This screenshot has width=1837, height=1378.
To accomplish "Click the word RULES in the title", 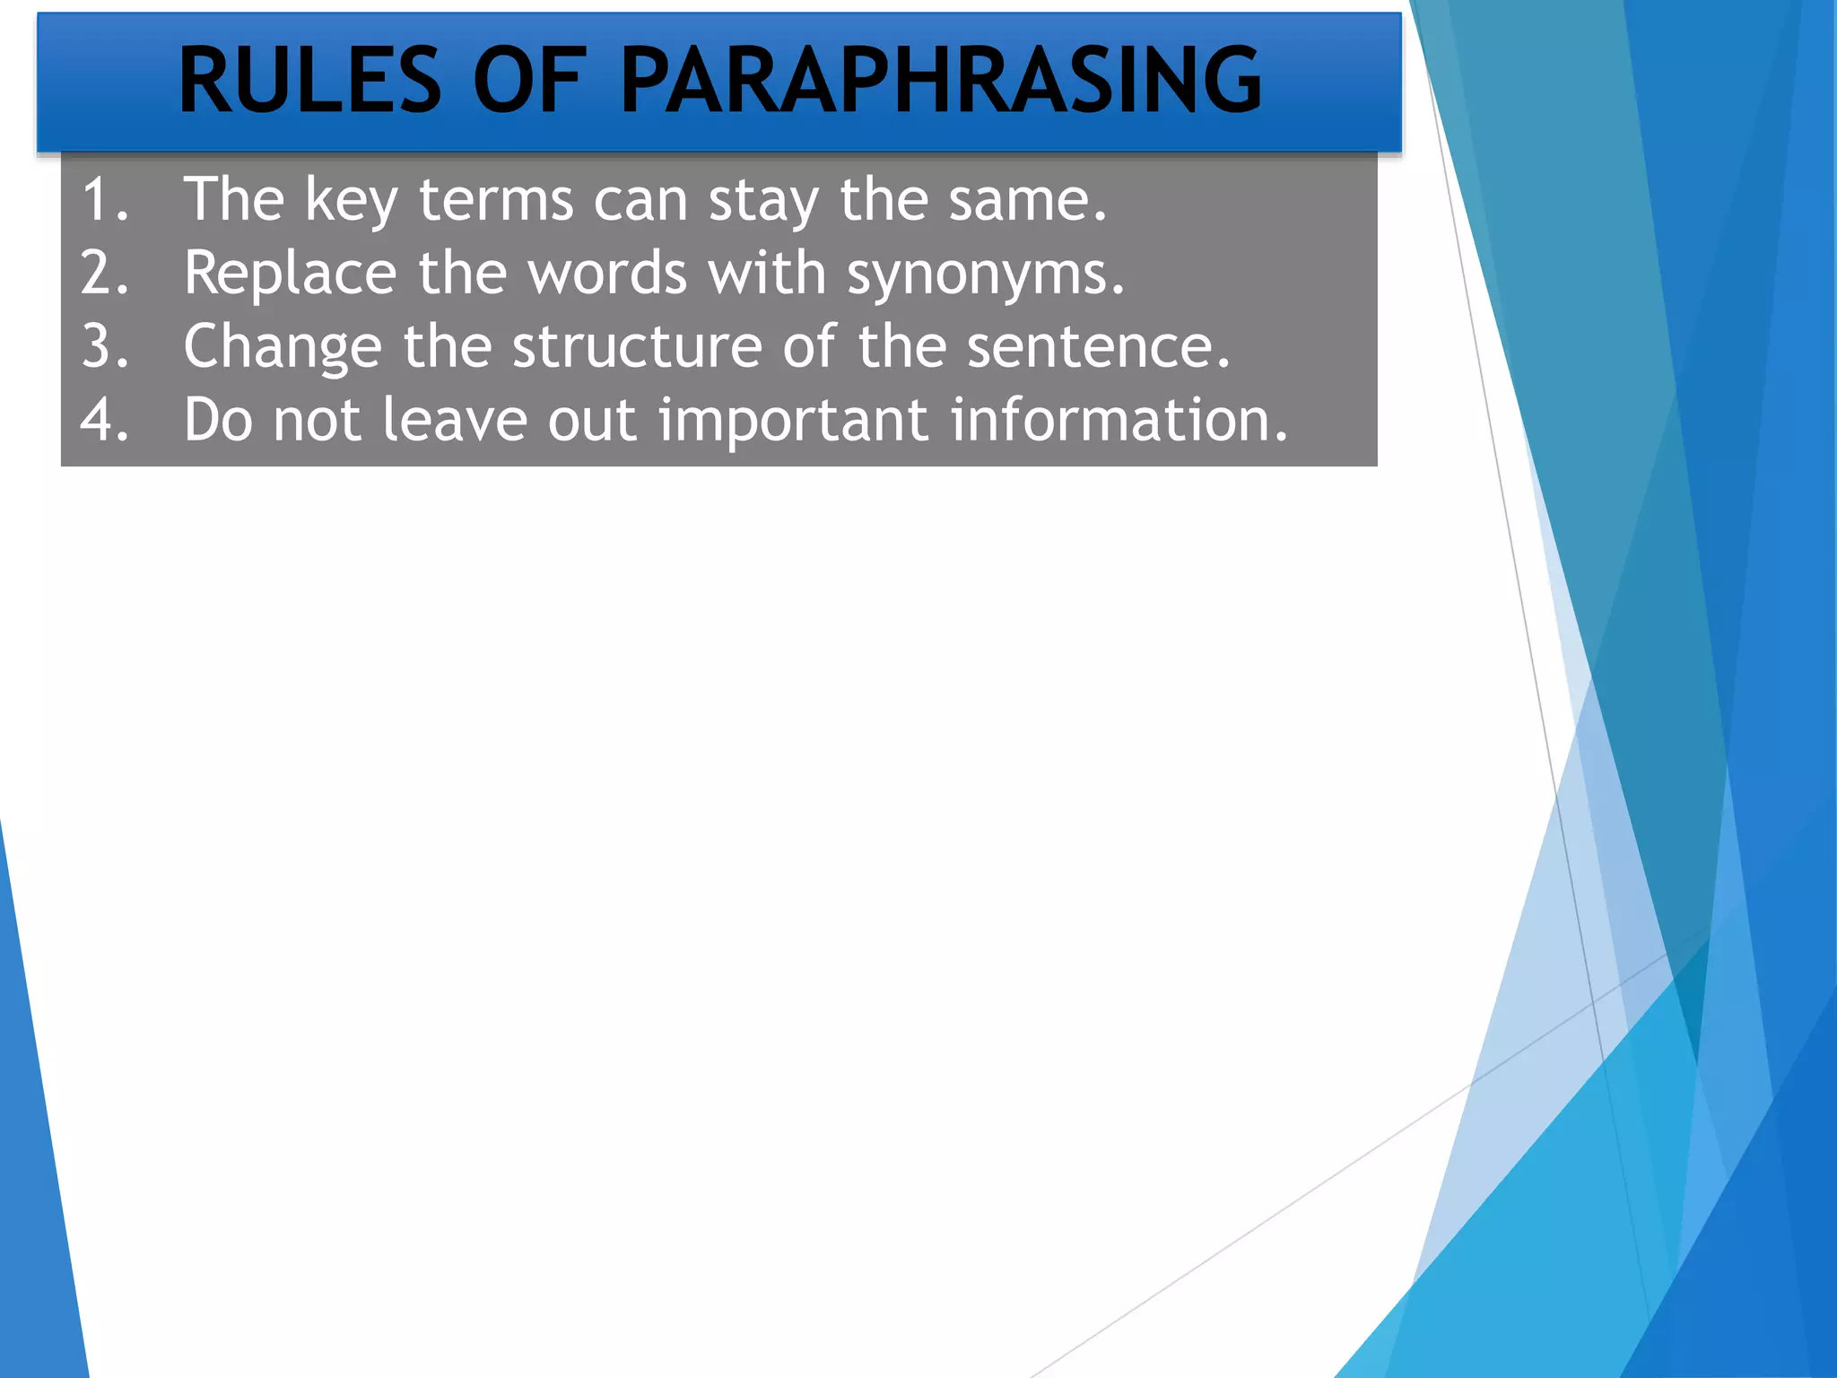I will (309, 81).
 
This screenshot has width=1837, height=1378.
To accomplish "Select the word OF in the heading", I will (529, 81).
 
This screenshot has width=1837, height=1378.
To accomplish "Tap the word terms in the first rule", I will (496, 199).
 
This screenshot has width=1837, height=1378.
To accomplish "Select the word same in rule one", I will (1027, 199).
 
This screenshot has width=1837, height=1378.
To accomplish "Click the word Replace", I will (290, 273).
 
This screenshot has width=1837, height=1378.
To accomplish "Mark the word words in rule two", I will (607, 273).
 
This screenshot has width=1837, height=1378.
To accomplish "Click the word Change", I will (283, 348).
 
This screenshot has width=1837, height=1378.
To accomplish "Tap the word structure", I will (636, 346).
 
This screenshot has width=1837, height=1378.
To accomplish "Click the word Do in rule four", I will (218, 420).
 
